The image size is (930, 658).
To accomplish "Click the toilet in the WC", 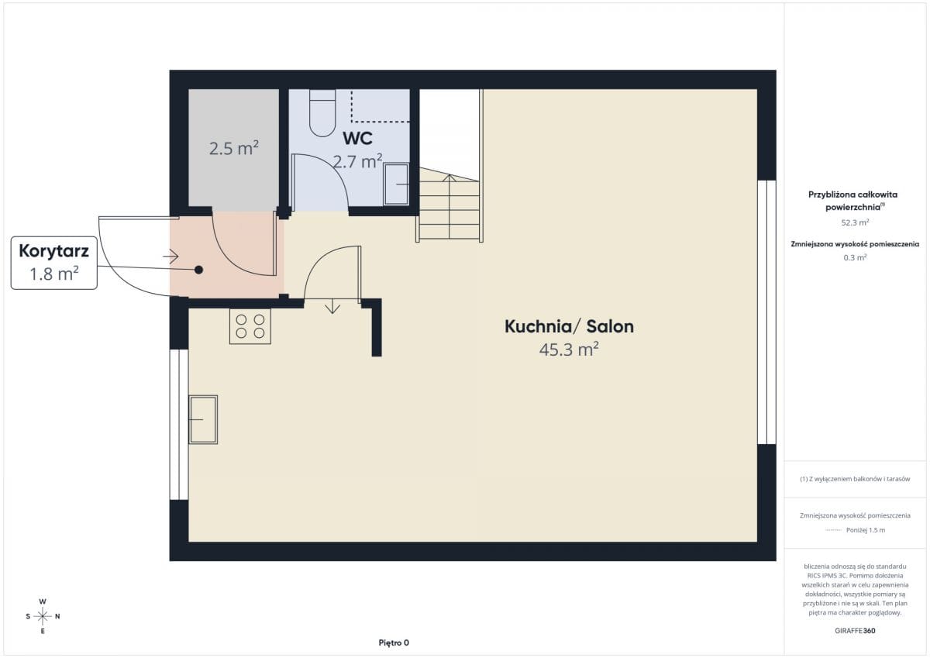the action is (322, 113).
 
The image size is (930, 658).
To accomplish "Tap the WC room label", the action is (357, 139).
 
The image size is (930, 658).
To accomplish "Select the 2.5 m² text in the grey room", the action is (234, 148).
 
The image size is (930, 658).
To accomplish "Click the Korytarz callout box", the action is (54, 263).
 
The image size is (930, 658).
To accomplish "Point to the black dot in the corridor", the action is (199, 270).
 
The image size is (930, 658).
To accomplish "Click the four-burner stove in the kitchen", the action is (250, 326).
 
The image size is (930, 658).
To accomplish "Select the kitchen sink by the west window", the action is (203, 420).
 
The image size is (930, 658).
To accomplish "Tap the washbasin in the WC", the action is (396, 184).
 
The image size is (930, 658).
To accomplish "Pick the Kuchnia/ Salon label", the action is (569, 326).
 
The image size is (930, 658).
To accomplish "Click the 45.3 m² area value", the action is (569, 350).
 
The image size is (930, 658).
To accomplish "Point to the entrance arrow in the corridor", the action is (170, 257).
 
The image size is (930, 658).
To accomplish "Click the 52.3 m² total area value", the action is (855, 222).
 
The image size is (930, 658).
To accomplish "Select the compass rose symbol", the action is (43, 616).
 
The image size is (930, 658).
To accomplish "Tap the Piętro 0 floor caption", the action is (394, 642).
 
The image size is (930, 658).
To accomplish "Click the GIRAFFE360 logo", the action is (855, 631).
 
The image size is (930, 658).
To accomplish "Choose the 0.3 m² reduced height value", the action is (855, 257).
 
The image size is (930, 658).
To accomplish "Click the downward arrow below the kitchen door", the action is (332, 306).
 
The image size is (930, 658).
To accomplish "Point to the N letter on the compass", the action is (57, 616).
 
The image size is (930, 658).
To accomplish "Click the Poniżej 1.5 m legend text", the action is (866, 530).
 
